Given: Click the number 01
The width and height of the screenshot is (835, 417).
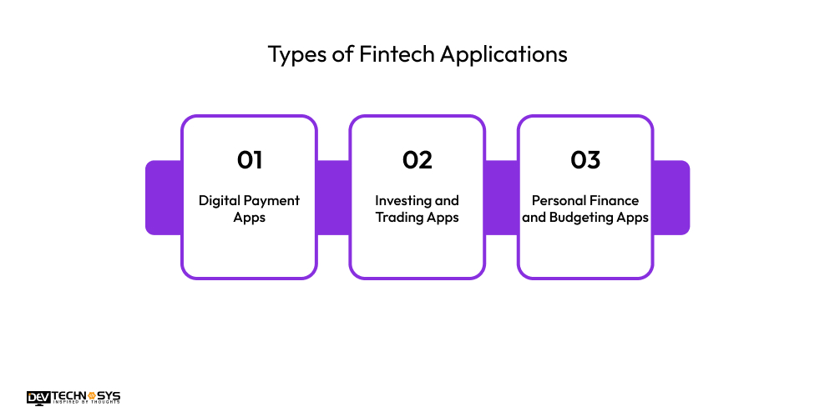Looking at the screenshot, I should [x=249, y=159].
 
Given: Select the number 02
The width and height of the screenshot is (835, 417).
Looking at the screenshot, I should [x=417, y=159].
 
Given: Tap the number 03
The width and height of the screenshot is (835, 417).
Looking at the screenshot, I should [x=585, y=159].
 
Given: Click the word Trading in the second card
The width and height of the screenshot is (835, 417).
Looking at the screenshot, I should [x=398, y=217].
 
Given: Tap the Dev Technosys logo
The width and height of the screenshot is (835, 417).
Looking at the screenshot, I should [x=73, y=397].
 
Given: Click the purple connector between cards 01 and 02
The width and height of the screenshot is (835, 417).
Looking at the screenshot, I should [x=333, y=198].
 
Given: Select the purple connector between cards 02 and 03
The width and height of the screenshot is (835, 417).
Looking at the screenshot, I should [x=501, y=198].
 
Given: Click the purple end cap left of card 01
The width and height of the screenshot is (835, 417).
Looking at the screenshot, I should [x=162, y=198].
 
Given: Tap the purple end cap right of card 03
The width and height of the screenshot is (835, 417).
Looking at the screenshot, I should [x=672, y=198].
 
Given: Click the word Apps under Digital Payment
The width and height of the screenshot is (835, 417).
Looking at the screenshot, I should [x=249, y=217].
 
